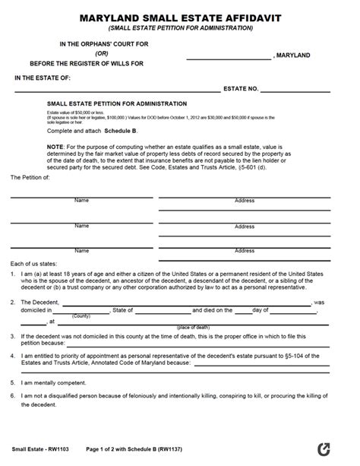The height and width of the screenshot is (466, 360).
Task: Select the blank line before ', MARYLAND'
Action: point(228,58)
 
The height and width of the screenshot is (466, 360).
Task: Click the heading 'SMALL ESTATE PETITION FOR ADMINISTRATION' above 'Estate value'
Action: point(117,103)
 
